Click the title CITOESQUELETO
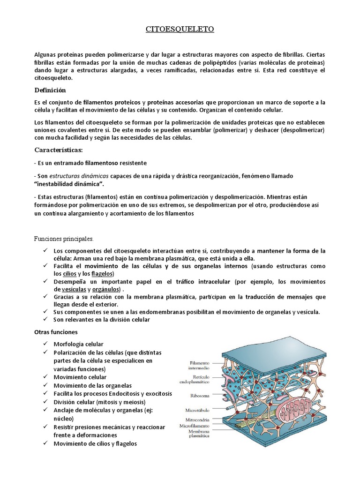(x=180, y=30)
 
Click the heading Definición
(x=51, y=90)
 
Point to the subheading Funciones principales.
(x=64, y=238)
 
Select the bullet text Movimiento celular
(x=80, y=377)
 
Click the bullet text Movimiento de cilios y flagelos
(x=95, y=443)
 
